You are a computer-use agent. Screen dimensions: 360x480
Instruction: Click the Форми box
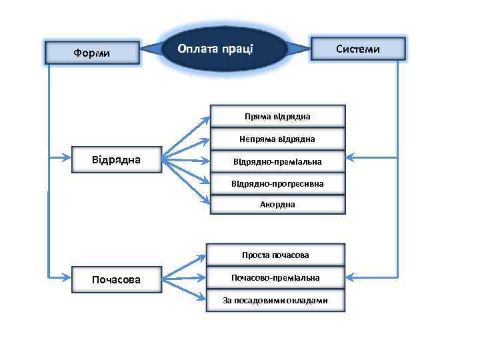tap(92, 52)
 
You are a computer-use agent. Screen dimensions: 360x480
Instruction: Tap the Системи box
tap(358, 49)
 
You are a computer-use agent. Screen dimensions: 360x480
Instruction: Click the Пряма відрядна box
tap(277, 115)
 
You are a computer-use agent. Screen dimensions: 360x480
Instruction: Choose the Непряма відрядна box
tap(277, 139)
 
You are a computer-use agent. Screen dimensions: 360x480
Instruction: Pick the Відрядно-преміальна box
tap(277, 161)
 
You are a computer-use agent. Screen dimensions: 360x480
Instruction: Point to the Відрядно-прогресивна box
tap(277, 183)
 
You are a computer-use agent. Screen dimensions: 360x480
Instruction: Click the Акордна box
tap(277, 204)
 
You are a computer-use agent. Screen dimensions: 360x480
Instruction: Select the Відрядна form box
tap(116, 159)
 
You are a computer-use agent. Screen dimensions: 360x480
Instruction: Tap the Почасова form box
tap(116, 279)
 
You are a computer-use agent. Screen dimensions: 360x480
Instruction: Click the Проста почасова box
tap(276, 255)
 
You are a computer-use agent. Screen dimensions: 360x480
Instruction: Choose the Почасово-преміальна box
tap(276, 277)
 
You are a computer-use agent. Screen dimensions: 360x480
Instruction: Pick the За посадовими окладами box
tap(276, 300)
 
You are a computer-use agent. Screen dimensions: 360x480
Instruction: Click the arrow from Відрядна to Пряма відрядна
tap(187, 137)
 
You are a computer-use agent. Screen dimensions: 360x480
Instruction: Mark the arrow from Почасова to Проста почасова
tap(187, 265)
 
